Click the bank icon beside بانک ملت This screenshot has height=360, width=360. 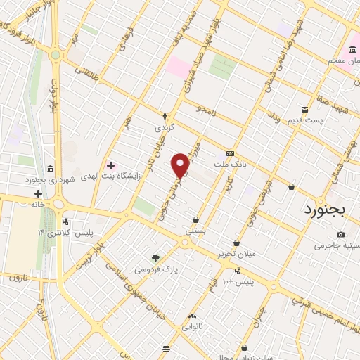point(229,154)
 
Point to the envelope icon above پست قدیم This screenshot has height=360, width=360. point(304,108)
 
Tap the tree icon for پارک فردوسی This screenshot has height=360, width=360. point(156,257)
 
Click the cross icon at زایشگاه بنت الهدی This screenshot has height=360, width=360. point(110,165)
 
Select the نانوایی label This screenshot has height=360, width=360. point(193,327)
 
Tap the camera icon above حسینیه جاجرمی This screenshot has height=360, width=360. point(341,234)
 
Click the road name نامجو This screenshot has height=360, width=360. point(206,110)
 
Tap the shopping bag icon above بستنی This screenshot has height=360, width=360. point(195,219)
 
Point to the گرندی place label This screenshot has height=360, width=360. point(165,129)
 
